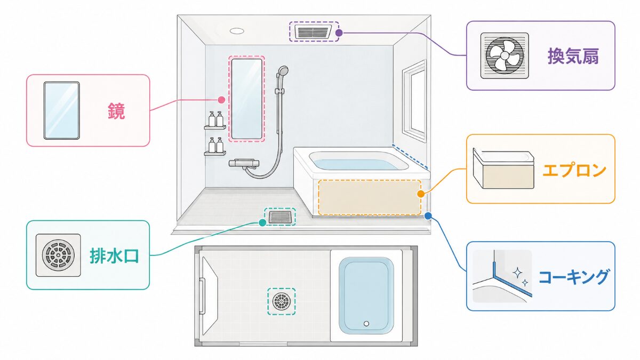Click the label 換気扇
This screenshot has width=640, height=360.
coord(573,56)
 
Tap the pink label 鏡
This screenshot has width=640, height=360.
coord(116,111)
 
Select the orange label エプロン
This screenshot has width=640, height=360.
coord(574,170)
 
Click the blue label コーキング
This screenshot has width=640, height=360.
coord(573,277)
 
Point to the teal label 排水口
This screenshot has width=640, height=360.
coord(114,255)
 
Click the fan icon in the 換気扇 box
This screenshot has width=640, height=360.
coord(505,55)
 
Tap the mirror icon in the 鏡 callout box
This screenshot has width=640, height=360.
coord(62,110)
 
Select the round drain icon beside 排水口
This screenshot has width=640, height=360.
coord(58,255)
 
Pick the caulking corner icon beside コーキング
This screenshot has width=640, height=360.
coord(502,276)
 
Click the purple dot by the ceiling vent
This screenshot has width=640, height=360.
coord(339,33)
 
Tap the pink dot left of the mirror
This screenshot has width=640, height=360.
coord(221,100)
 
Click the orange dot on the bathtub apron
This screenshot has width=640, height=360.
coord(421,194)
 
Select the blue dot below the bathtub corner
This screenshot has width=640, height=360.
coord(428,215)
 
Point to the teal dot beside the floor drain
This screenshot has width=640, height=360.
coord(262,222)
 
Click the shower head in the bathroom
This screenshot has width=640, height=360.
coord(283,71)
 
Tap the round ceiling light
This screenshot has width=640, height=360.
coord(237,31)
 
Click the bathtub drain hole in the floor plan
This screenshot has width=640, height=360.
coord(366,324)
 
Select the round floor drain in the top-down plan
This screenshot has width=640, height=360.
coord(282,301)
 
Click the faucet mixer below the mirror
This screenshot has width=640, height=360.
coord(244,163)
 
